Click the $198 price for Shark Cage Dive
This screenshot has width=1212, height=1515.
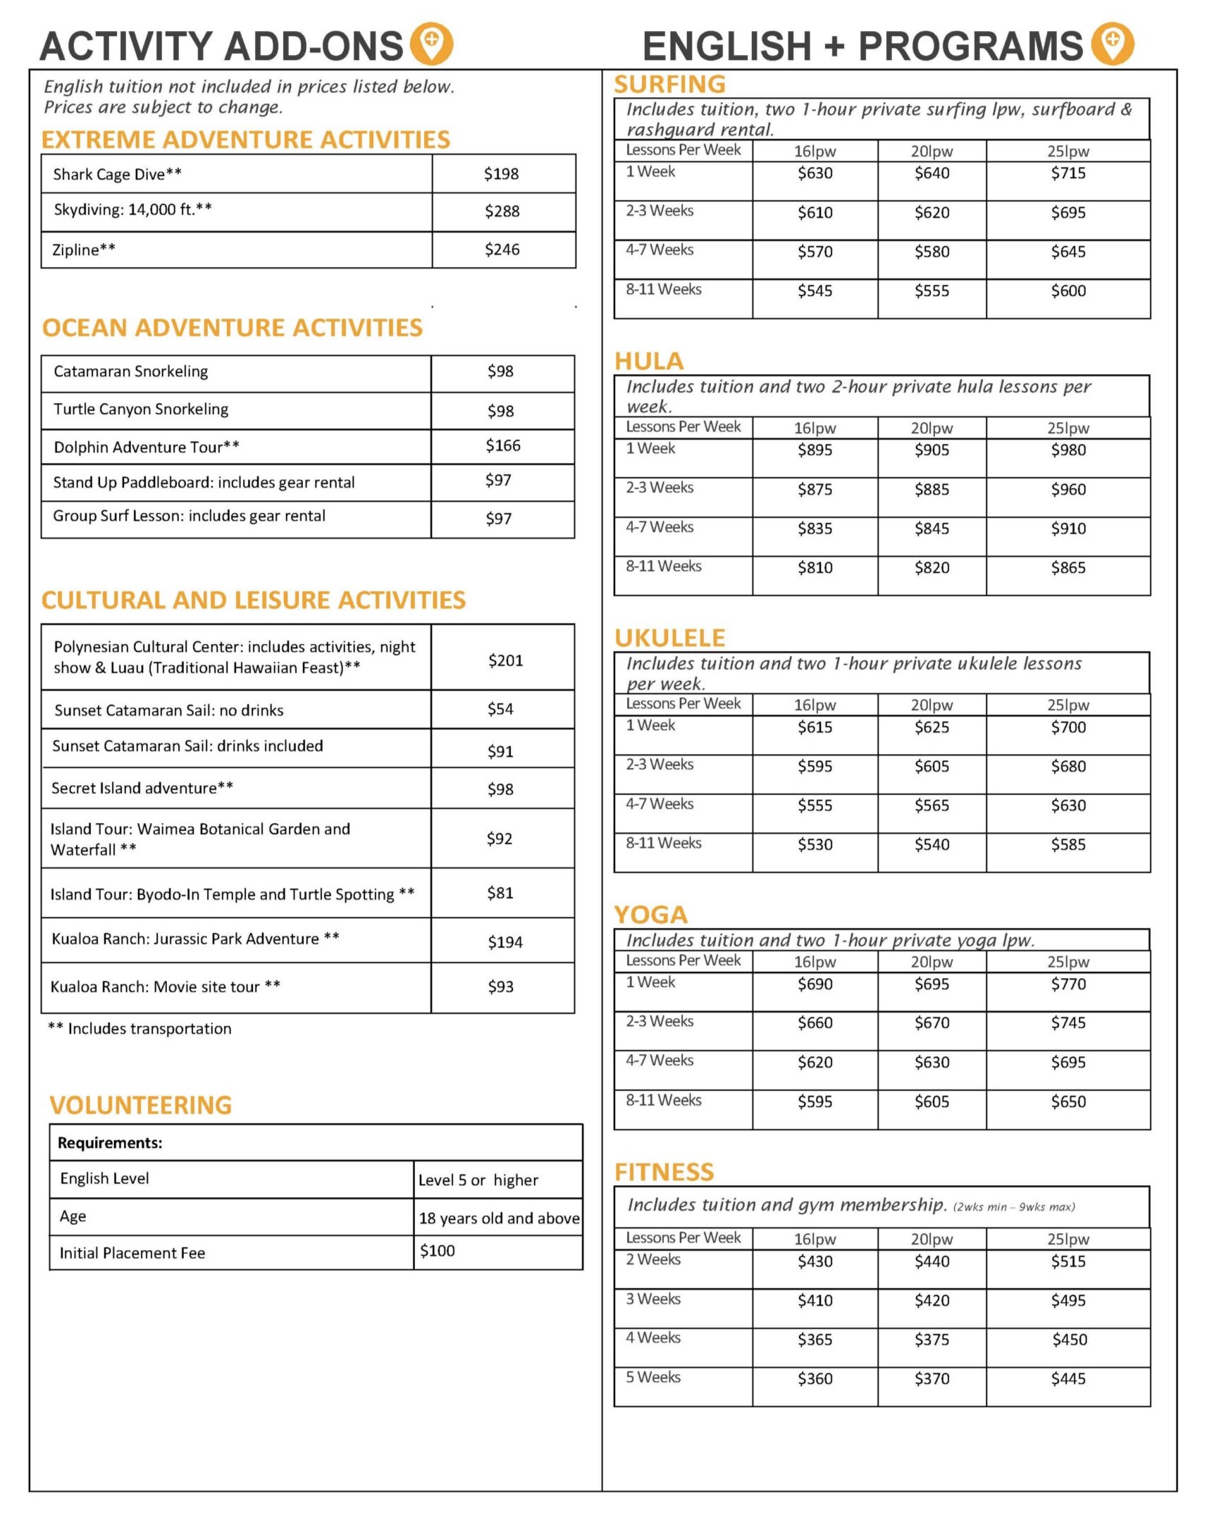click(x=501, y=173)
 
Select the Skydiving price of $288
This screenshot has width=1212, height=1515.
click(x=502, y=211)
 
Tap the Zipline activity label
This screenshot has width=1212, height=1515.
click(x=84, y=249)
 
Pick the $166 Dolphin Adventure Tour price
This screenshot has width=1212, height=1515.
click(x=503, y=445)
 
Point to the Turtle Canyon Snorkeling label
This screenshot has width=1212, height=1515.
click(x=141, y=409)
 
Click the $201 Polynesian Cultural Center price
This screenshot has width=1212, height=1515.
click(x=505, y=660)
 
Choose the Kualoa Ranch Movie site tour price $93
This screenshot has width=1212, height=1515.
click(x=500, y=987)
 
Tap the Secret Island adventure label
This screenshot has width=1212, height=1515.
click(x=142, y=788)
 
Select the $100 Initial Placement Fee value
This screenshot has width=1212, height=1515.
click(x=438, y=1251)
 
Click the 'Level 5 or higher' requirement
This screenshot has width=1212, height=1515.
click(x=478, y=1180)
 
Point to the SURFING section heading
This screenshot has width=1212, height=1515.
click(x=669, y=85)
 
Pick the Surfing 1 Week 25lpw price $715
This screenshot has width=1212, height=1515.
click(x=1068, y=173)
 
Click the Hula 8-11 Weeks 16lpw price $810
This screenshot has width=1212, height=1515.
click(x=815, y=568)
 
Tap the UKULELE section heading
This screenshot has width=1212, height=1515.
click(x=669, y=638)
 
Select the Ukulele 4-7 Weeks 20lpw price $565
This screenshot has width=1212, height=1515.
click(x=932, y=805)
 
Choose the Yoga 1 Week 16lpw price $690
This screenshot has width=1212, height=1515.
click(x=815, y=984)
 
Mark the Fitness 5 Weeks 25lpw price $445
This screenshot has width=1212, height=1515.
click(x=1068, y=1379)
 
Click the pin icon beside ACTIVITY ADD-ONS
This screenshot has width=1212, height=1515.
click(x=431, y=43)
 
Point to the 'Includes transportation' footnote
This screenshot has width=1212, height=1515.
click(x=140, y=1029)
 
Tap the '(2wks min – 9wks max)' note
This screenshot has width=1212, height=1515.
click(x=1013, y=1207)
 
